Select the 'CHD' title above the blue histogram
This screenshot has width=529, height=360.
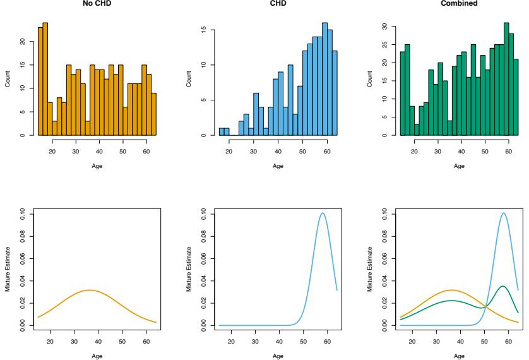coord(278,3)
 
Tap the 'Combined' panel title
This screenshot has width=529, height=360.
coord(459,3)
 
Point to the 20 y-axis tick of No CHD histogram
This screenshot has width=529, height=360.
coord(20,42)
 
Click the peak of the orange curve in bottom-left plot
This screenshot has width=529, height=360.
coord(90,290)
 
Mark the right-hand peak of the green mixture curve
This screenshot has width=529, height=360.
coord(502,286)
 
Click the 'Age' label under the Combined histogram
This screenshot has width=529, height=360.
coord(459,166)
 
